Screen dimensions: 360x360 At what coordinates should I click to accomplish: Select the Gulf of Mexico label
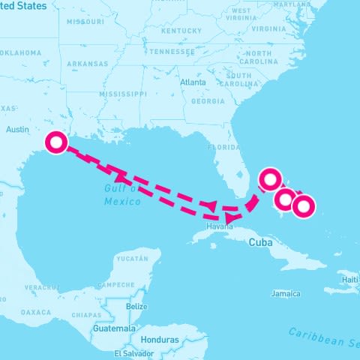click(x=122, y=195)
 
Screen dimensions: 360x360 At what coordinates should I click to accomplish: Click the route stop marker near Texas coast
click(x=57, y=142)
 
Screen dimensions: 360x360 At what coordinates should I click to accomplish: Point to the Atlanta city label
click(x=193, y=82)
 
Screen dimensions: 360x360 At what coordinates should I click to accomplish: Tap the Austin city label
click(x=17, y=129)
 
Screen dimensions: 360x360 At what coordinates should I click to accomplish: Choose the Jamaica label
click(x=286, y=293)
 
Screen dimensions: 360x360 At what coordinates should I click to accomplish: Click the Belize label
click(x=136, y=306)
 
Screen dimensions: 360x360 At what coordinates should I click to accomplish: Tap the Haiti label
click(x=350, y=280)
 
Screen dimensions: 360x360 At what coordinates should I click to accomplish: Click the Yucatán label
click(x=134, y=258)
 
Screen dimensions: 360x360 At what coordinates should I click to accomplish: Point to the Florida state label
click(x=223, y=147)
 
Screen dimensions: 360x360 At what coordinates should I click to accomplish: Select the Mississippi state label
click(x=123, y=94)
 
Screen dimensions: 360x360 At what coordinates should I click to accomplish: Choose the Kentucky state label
click(x=181, y=31)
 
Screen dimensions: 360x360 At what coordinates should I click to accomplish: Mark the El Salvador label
click(x=134, y=352)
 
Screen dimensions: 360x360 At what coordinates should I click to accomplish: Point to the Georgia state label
click(x=207, y=100)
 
